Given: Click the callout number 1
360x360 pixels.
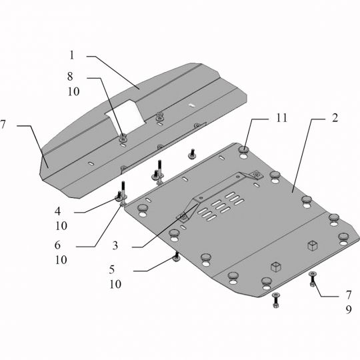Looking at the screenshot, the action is tap(72, 55).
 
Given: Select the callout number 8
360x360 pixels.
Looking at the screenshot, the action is tap(70, 76).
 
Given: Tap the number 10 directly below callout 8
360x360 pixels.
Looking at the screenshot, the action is tap(73, 91).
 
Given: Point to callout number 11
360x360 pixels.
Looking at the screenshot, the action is tap(281, 118).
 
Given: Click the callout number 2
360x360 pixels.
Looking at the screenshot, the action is tap(335, 118).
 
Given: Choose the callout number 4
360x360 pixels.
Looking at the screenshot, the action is tap(57, 211).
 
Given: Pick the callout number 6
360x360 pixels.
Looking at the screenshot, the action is tap(57, 245).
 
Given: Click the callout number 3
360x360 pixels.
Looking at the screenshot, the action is tap(115, 245).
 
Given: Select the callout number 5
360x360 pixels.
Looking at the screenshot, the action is tap(112, 269).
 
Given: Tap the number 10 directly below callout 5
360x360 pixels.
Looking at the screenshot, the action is tap(115, 284).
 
